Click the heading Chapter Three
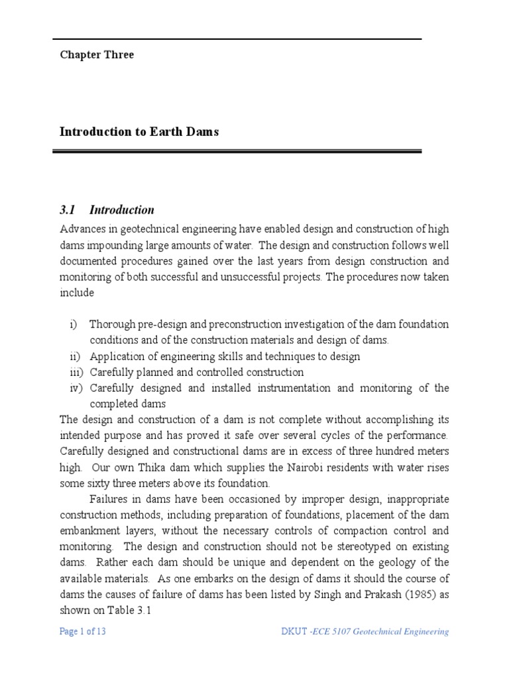97,55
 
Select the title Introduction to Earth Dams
139,132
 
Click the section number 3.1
68,210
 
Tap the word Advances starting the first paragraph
82,229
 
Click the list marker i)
73,324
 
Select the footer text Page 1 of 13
82,632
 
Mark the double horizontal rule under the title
237,152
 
